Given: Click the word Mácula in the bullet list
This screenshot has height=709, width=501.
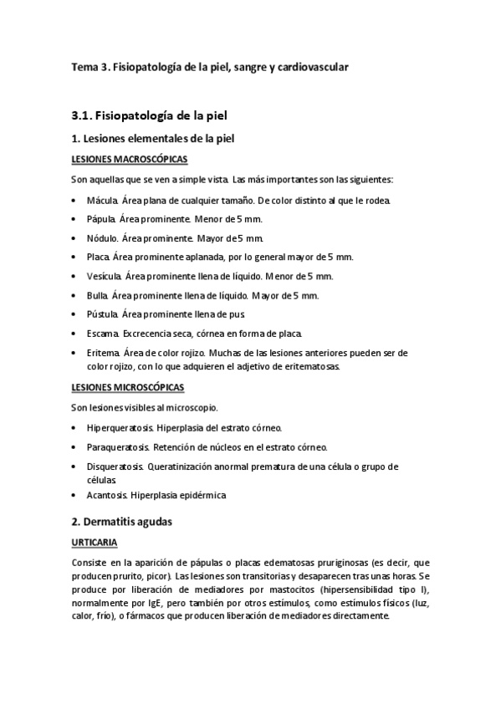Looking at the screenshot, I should (x=101, y=201).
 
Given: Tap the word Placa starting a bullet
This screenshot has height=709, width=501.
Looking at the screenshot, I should (x=97, y=257).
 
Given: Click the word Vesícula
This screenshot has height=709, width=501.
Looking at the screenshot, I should (x=105, y=276).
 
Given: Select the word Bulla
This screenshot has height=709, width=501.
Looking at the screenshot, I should (x=97, y=295).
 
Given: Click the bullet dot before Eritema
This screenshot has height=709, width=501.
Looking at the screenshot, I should (x=75, y=353).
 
